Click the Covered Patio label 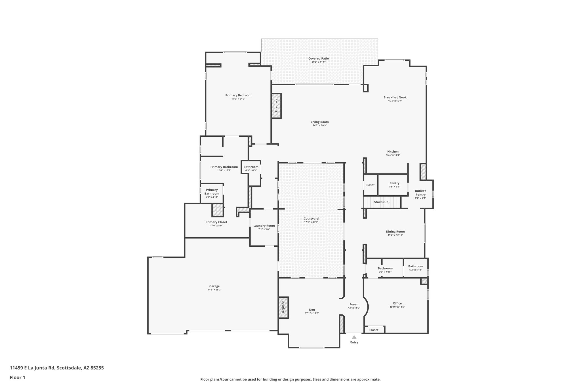coord(319,58)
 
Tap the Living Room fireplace coord(276,106)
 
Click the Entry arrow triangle coord(354,337)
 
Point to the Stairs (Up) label coord(382,202)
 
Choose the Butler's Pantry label coord(420,193)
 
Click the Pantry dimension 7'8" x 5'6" coord(394,187)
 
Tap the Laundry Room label coord(264,226)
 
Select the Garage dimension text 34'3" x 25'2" coord(214,290)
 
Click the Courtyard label coord(311,219)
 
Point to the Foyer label coord(353,304)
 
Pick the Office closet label coord(374,330)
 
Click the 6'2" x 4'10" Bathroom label coord(415,266)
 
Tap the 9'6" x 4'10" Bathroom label coord(385,268)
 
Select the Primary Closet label coord(216,222)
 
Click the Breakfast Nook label coord(395,97)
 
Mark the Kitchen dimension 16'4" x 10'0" coord(393,155)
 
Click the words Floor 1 coord(18,377)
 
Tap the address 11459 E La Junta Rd coord(32,368)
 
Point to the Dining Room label coord(395,232)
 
